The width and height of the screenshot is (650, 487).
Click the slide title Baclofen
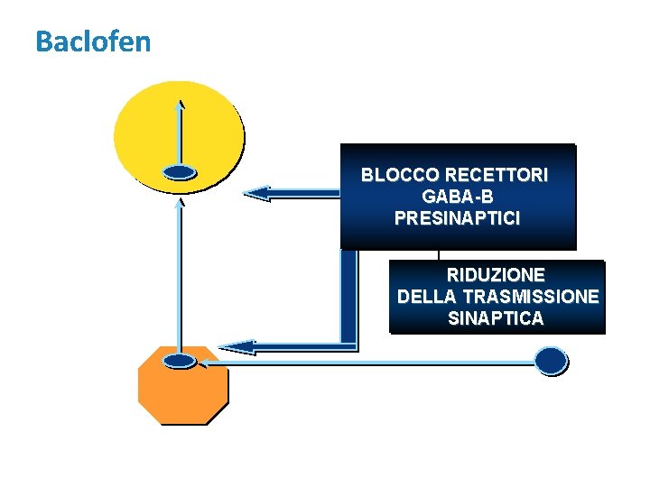(x=93, y=41)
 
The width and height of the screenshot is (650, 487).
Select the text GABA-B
(x=457, y=197)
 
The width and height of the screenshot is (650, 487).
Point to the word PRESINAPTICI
(x=457, y=218)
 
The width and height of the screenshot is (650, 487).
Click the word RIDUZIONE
(x=496, y=274)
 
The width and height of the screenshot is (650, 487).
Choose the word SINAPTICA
(x=496, y=318)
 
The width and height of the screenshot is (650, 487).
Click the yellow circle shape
(x=144, y=126)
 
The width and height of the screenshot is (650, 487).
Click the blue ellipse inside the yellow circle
(x=181, y=172)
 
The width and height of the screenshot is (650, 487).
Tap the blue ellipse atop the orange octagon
(x=181, y=361)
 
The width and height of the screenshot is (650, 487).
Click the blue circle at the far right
(x=552, y=361)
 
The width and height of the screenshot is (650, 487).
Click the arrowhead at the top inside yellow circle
(x=181, y=104)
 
